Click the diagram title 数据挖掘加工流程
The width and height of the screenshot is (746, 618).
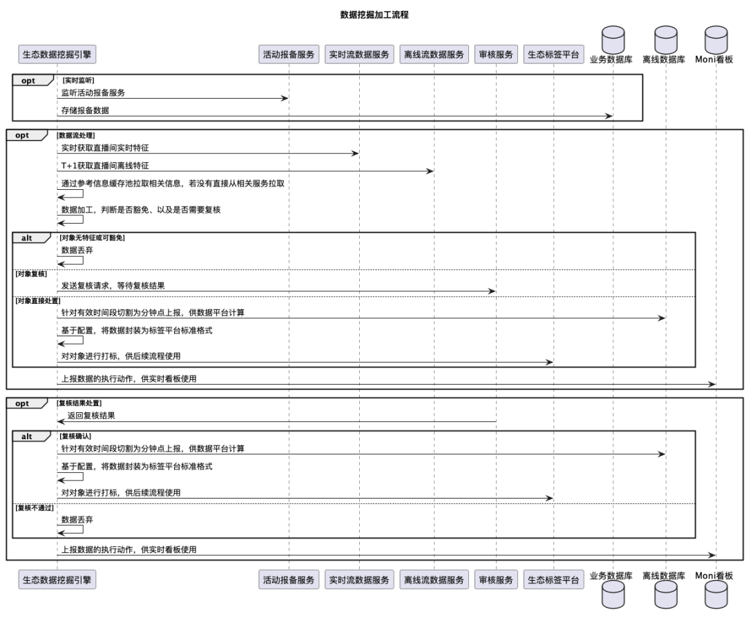[374, 15]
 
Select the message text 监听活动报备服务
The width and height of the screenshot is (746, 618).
[93, 93]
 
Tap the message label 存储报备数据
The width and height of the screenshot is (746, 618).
[85, 110]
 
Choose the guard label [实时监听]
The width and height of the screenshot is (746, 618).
[78, 80]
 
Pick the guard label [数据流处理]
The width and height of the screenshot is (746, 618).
[76, 135]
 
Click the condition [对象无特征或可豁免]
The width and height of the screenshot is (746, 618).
[93, 238]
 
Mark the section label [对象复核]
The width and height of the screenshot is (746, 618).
[31, 274]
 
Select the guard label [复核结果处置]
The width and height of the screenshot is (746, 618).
[80, 403]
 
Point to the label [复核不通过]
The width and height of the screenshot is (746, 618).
[34, 508]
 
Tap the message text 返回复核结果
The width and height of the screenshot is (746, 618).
[90, 416]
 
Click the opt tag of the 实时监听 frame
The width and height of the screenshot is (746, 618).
[28, 81]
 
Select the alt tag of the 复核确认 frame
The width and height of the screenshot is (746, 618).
[27, 436]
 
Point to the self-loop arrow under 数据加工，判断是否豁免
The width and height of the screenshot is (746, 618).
[71, 221]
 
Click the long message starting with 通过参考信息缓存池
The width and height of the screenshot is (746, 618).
[173, 184]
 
